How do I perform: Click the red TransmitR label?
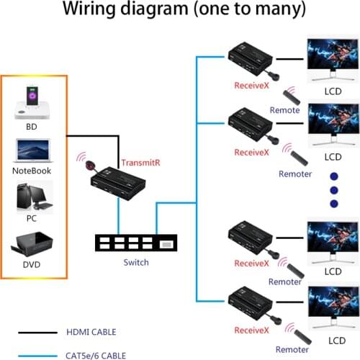[140, 163]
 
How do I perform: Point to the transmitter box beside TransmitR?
[119, 180]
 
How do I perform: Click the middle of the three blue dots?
[333, 190]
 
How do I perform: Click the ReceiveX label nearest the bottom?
[251, 329]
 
